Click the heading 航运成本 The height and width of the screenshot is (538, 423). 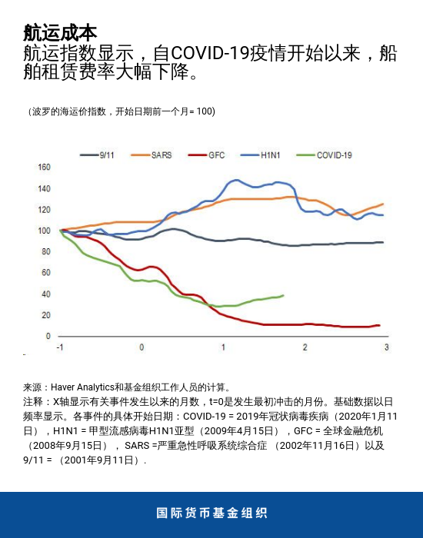click(x=60, y=33)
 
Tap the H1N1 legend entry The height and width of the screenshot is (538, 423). click(x=269, y=155)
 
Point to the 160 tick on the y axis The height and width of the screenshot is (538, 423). click(x=44, y=168)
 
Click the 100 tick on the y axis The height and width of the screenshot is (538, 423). click(x=44, y=231)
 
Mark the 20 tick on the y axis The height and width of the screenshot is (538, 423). click(x=46, y=315)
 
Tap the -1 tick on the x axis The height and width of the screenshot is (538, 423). click(x=60, y=348)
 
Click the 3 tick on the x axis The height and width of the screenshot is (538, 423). click(x=386, y=348)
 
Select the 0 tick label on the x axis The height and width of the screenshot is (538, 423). click(x=142, y=348)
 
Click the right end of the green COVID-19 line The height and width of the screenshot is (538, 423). click(x=284, y=295)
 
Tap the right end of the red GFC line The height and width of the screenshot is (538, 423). click(x=379, y=325)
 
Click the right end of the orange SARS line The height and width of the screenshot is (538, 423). click(x=383, y=204)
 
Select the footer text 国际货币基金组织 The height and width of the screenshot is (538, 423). click(x=211, y=513)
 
